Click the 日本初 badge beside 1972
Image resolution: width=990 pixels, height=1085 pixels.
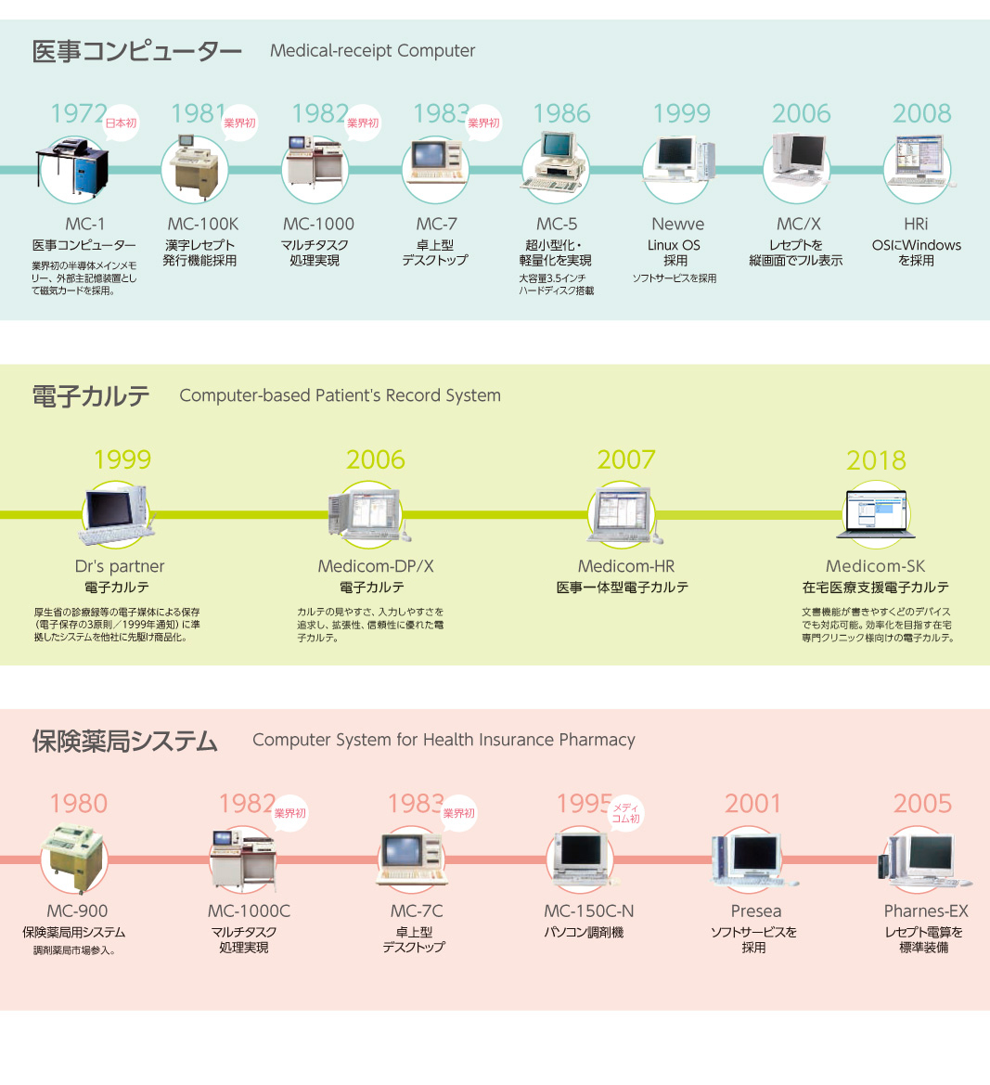[121, 123]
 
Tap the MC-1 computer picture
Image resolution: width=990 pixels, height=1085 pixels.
[73, 167]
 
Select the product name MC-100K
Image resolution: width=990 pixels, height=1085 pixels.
[202, 224]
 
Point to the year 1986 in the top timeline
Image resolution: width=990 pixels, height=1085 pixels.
[561, 113]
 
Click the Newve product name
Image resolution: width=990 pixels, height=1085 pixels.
[677, 224]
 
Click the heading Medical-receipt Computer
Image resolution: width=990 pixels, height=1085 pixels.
[372, 51]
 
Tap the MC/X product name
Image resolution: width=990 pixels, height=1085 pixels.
[798, 224]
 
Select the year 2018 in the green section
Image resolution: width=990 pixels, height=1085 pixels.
[876, 460]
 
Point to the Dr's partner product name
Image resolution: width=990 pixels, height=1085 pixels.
[120, 566]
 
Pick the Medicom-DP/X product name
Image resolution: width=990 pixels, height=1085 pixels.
[376, 566]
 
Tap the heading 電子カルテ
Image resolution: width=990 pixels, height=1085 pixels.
[91, 396]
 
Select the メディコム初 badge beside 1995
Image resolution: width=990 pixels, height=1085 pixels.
[625, 814]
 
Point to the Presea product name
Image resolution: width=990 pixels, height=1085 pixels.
[756, 911]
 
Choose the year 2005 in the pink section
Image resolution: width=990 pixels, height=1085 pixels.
[922, 804]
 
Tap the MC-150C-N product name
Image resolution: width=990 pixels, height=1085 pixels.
[589, 911]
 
